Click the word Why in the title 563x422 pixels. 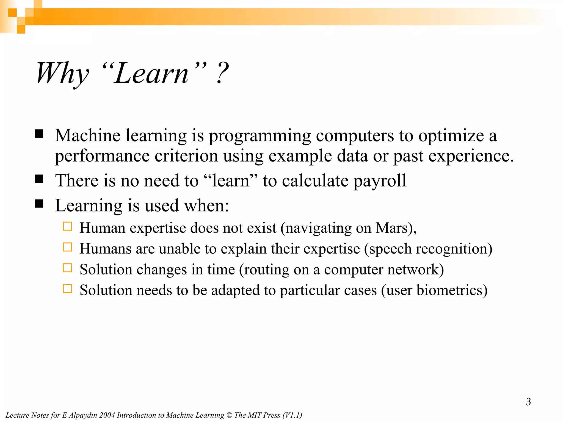coord(63,73)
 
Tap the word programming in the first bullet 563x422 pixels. coord(260,136)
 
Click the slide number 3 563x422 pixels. coord(528,402)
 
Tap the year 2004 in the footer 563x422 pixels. coord(107,415)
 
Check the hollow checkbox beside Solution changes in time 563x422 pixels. coord(67,268)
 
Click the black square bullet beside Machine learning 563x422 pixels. coord(39,134)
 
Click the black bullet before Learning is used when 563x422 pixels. coord(39,204)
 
